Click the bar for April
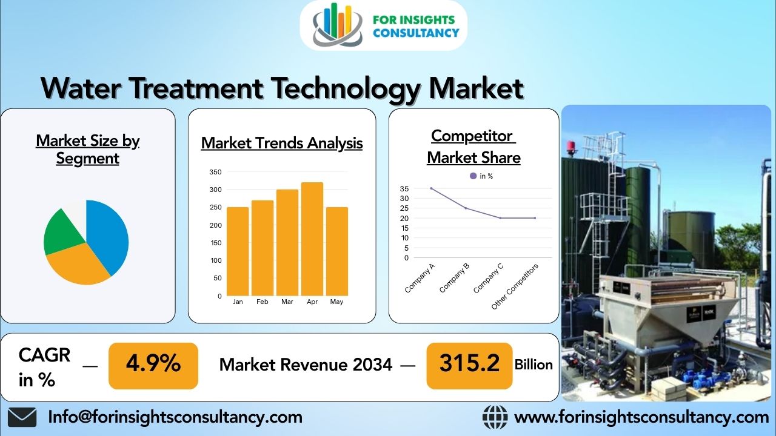pyautogui.click(x=312, y=239)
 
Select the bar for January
pyautogui.click(x=238, y=251)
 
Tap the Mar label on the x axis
pyautogui.click(x=287, y=302)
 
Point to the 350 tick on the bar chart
pyautogui.click(x=215, y=172)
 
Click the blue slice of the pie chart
pyautogui.click(x=109, y=233)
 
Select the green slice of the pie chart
pyautogui.click(x=59, y=233)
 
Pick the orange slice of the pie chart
pyautogui.click(x=76, y=266)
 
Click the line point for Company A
pyautogui.click(x=431, y=188)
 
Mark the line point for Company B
pyautogui.click(x=466, y=208)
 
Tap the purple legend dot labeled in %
pyautogui.click(x=473, y=176)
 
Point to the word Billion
pyautogui.click(x=533, y=365)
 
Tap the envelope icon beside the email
pyautogui.click(x=22, y=417)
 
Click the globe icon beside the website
pyautogui.click(x=495, y=417)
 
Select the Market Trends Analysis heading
pyautogui.click(x=282, y=143)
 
